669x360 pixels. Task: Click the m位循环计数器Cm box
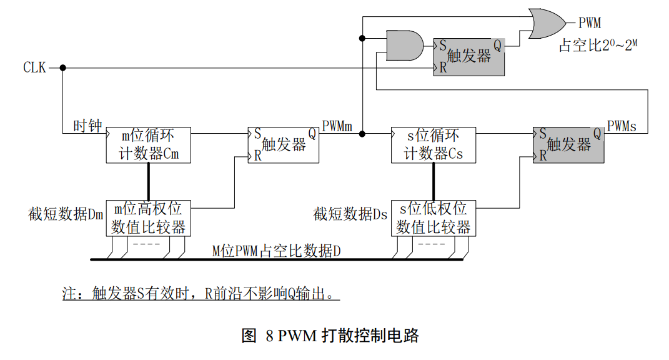click(149, 145)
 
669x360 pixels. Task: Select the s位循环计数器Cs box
click(434, 145)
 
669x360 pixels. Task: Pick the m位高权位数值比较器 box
click(149, 218)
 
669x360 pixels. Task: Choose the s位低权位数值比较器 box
click(434, 218)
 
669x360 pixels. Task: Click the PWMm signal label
click(337, 127)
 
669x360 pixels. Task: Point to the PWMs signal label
click(622, 127)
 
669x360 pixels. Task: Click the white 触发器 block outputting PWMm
click(284, 145)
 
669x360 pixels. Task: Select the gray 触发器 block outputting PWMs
click(568, 145)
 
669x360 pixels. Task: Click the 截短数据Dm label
click(66, 214)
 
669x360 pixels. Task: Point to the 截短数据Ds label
click(350, 214)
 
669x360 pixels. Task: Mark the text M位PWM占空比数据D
click(277, 251)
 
